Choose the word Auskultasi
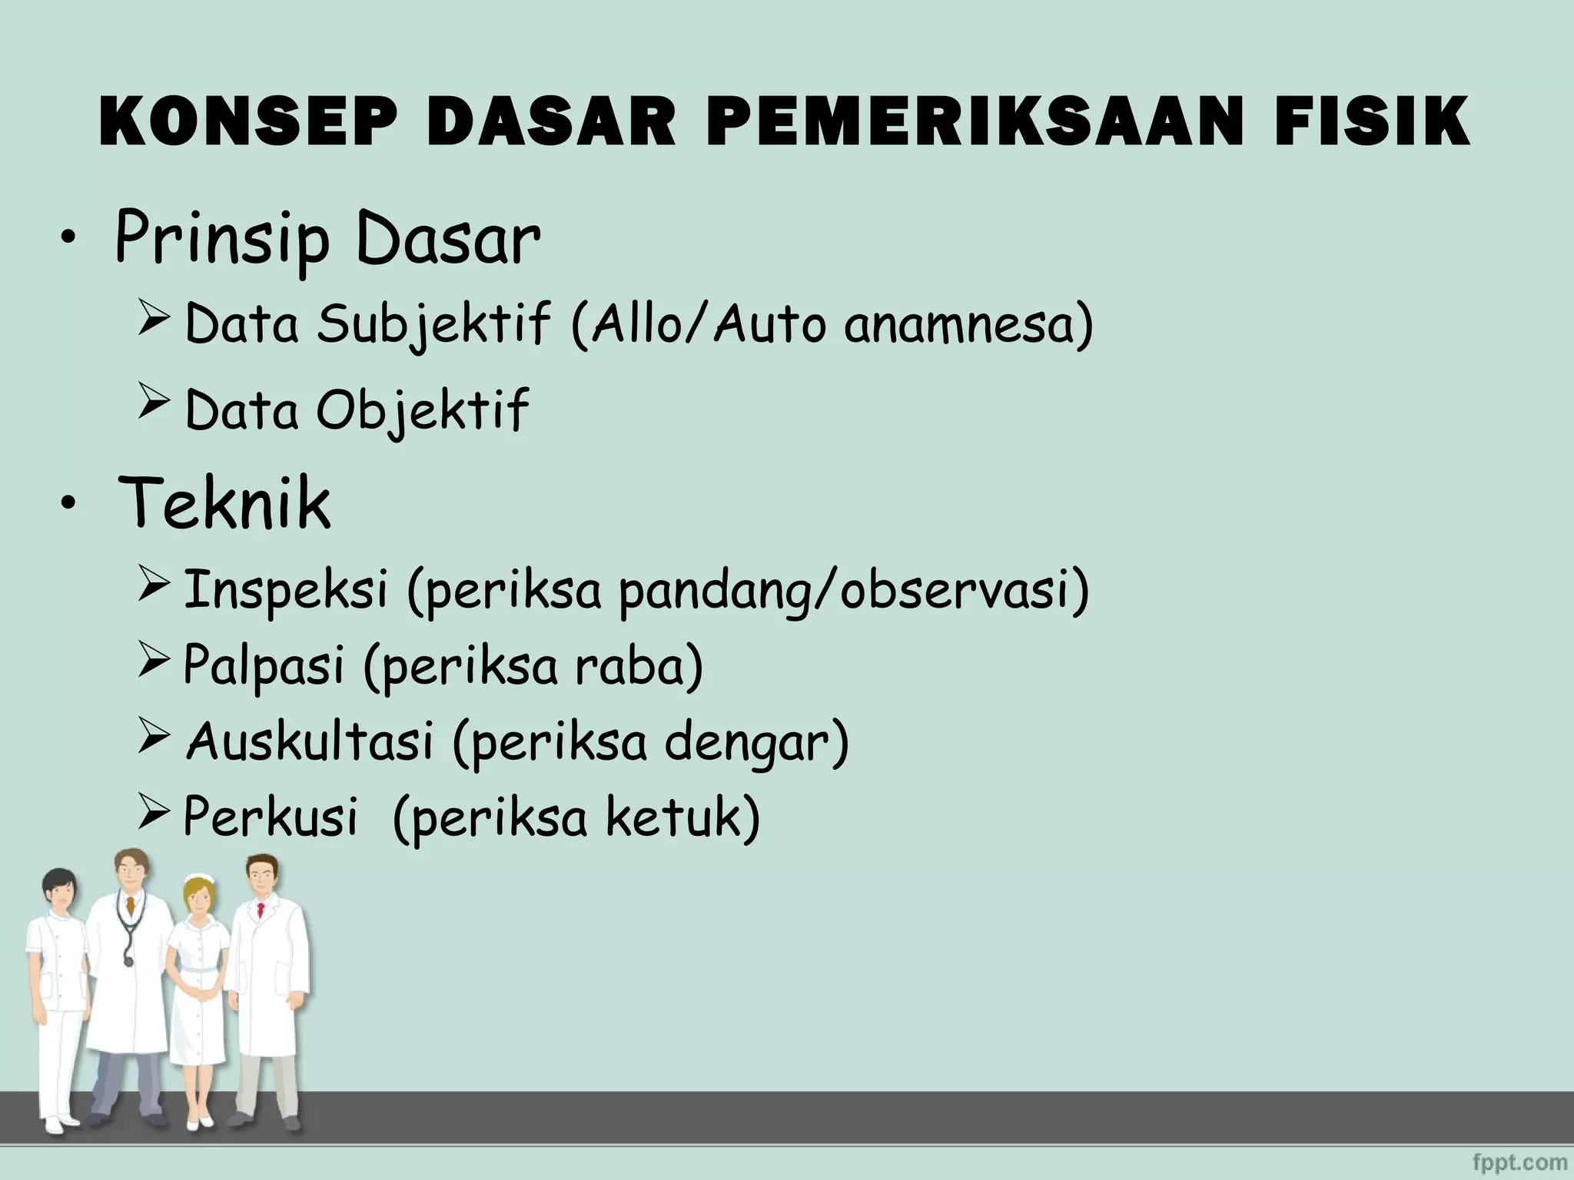[x=310, y=741]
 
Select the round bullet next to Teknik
[x=70, y=504]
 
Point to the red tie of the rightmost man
[x=261, y=911]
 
